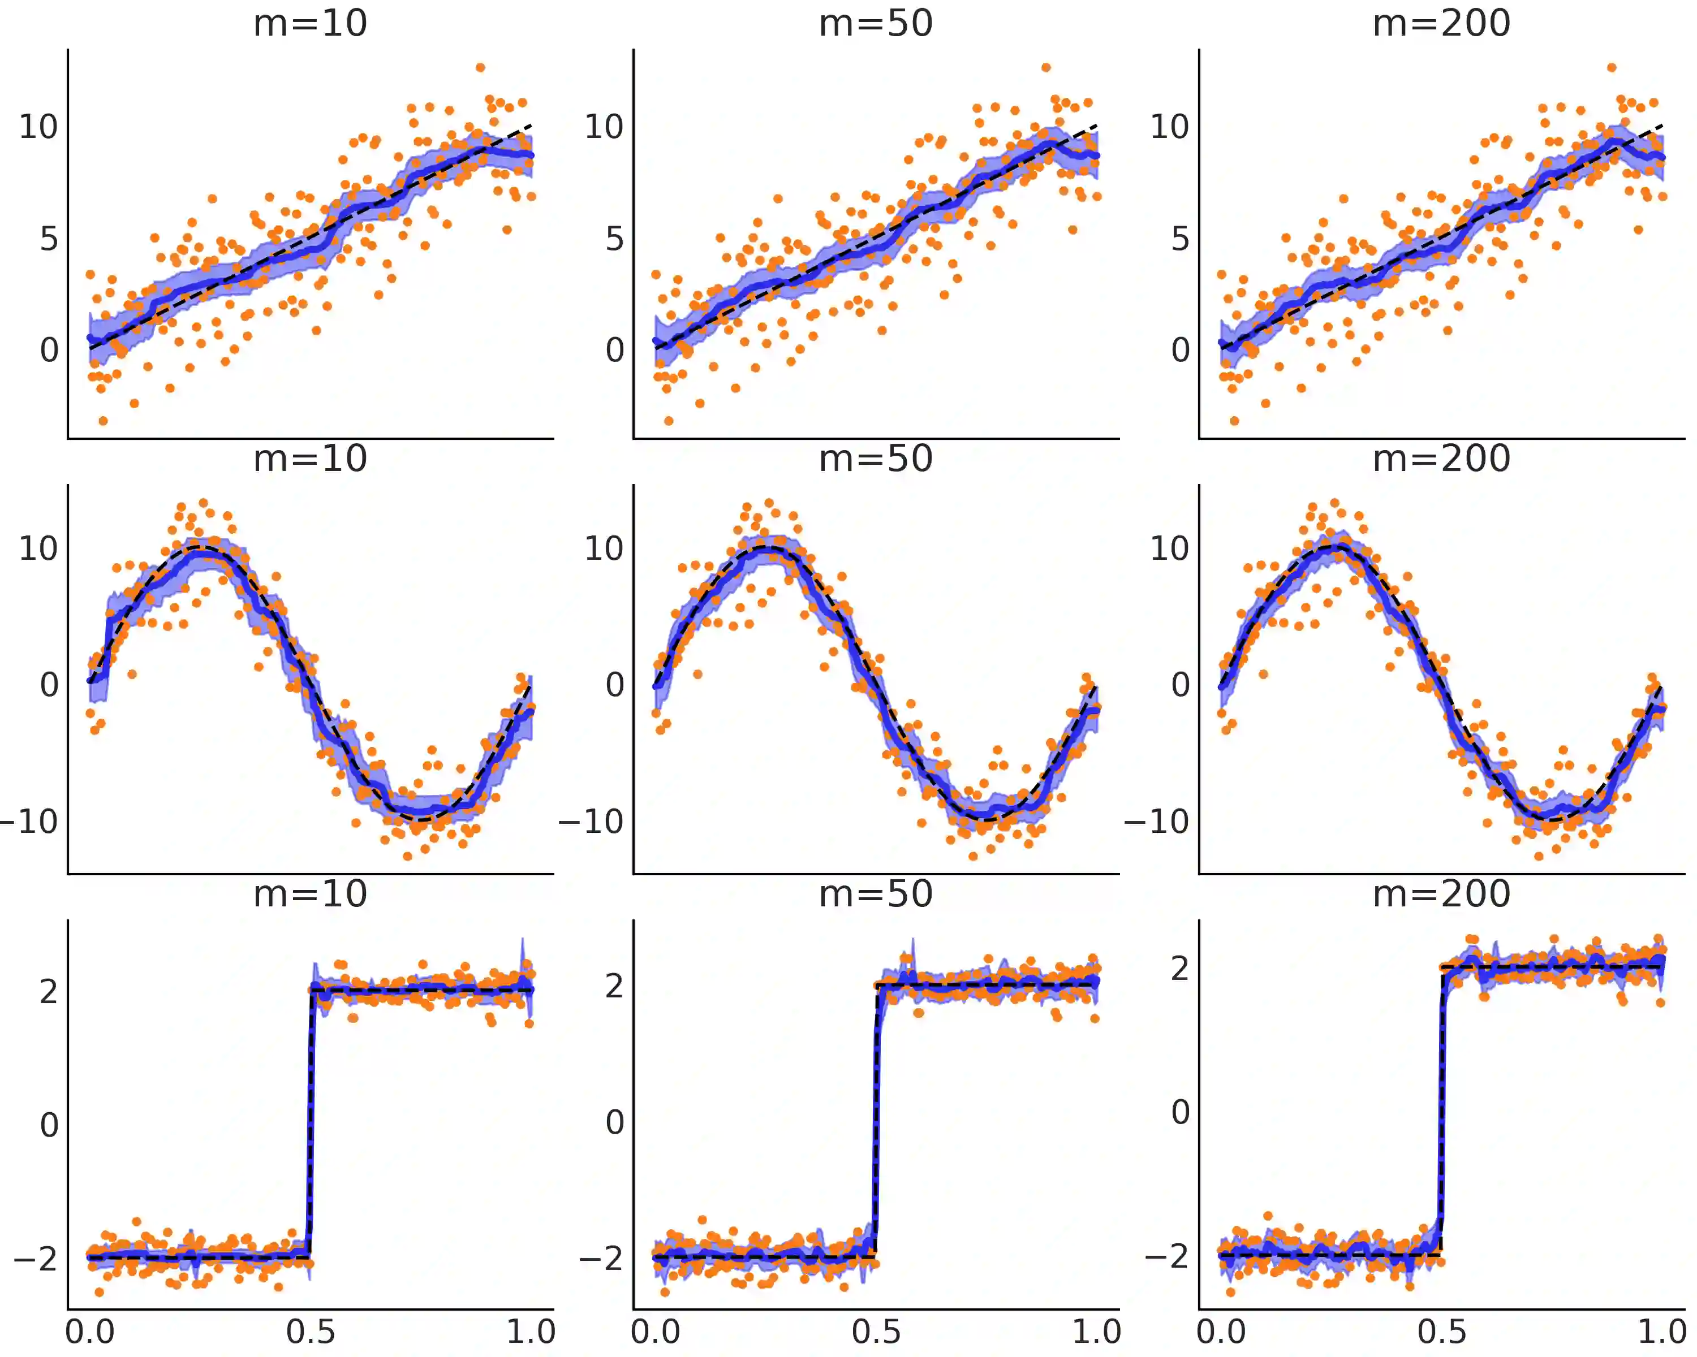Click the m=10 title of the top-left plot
pos(310,24)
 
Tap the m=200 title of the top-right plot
pos(1441,24)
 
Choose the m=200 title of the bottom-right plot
pos(1441,894)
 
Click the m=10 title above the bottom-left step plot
pos(310,894)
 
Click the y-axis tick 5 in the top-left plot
pos(49,239)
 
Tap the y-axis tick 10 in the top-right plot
pos(1170,127)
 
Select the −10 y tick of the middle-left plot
pos(30,822)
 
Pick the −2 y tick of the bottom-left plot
pos(36,1259)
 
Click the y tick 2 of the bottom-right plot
pos(1180,969)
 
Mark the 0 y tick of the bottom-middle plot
pos(615,1122)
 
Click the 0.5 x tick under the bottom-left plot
pos(310,1332)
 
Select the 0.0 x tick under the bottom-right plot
pos(1221,1332)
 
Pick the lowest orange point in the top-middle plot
pos(668,421)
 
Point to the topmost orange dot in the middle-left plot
pos(203,503)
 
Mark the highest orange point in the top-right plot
pos(1611,68)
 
